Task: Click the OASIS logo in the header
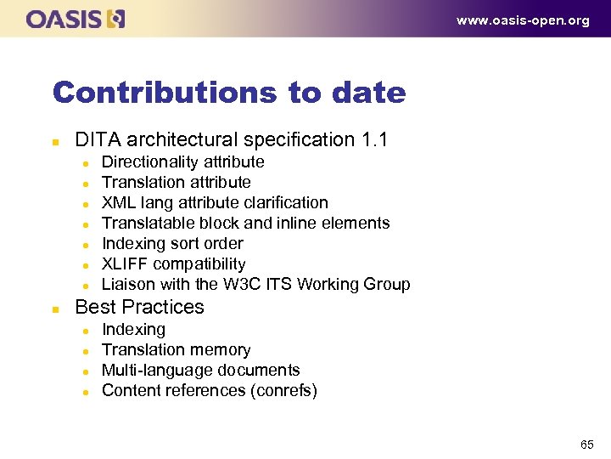point(76,19)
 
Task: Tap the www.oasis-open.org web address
point(523,20)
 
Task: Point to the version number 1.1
point(373,139)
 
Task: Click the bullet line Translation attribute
point(176,182)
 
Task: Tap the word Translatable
point(148,223)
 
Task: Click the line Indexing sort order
point(172,243)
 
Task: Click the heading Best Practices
point(139,307)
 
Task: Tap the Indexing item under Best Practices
point(133,329)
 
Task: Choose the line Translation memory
point(176,349)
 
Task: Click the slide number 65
point(586,444)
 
